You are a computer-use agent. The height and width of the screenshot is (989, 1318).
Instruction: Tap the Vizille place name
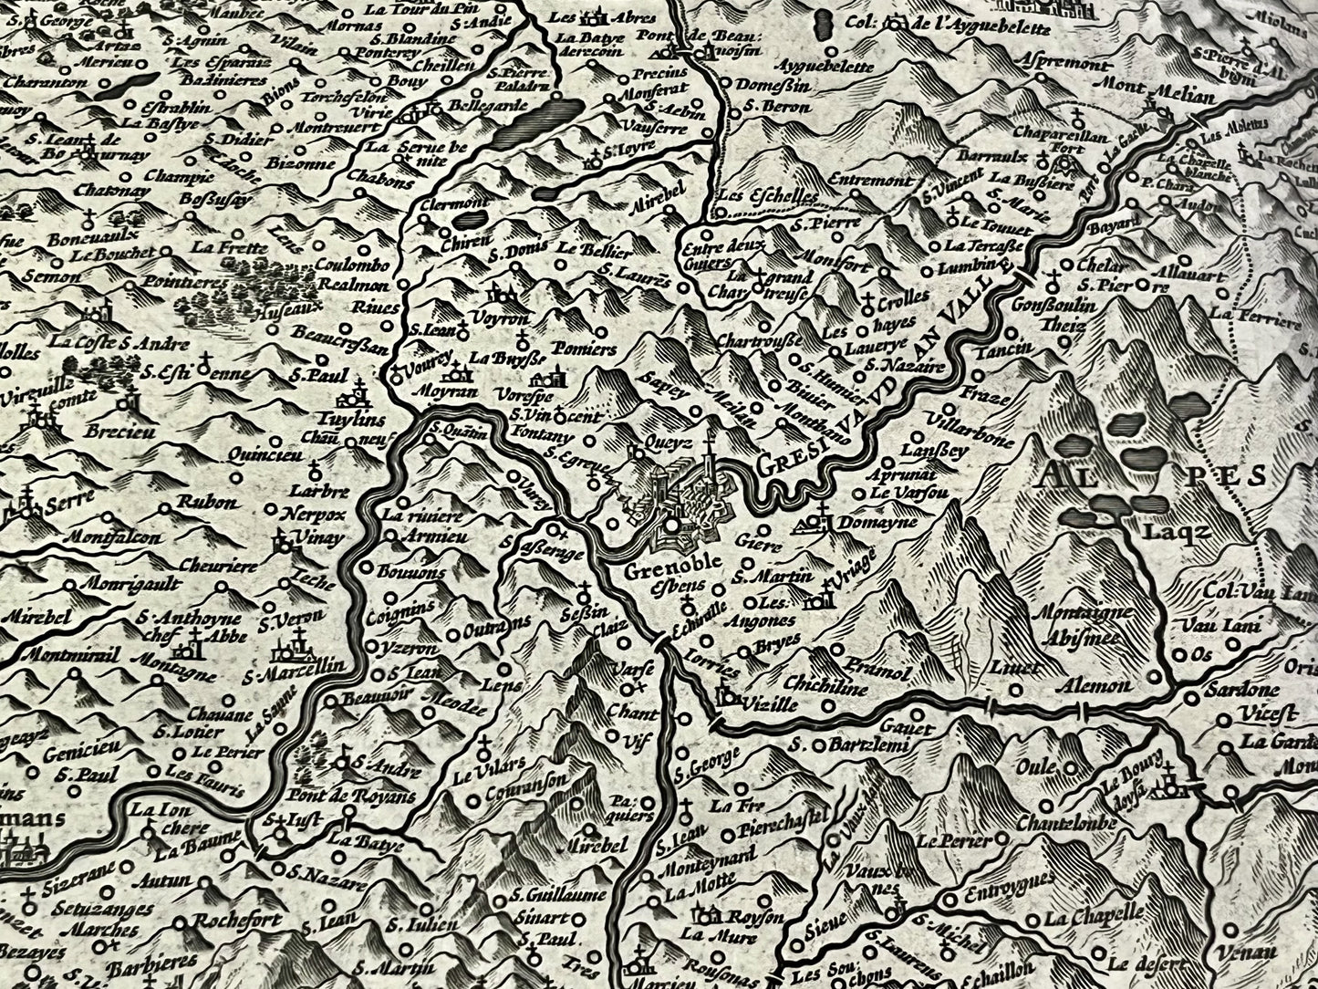770,705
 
